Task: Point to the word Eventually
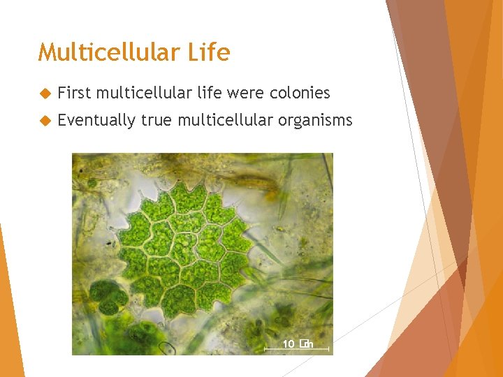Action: (96, 121)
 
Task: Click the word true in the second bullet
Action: (157, 121)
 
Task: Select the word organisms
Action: (315, 121)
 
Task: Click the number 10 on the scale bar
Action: (289, 343)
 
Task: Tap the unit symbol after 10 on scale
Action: (305, 343)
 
